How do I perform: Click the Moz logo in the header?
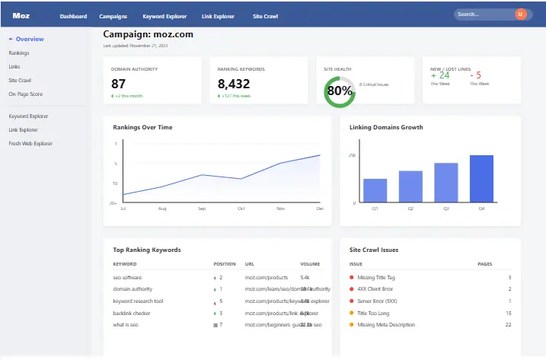[21, 15]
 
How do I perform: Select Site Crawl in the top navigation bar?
[265, 16]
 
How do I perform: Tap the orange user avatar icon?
[521, 14]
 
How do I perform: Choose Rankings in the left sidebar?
[20, 53]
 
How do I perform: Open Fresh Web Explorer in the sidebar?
[30, 143]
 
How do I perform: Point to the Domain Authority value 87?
[119, 84]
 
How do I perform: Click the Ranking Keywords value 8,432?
[234, 84]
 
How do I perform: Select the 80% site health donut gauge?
[339, 91]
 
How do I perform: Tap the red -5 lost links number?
[475, 75]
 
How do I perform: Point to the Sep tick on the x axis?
[202, 209]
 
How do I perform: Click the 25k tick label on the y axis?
[352, 155]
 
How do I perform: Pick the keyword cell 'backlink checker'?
[132, 313]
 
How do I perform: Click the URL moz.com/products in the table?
[266, 277]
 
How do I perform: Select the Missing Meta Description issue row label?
[386, 324]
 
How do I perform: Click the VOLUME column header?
[310, 264]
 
